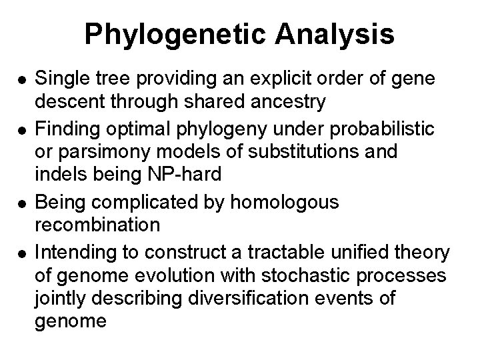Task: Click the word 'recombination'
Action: tap(97, 225)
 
